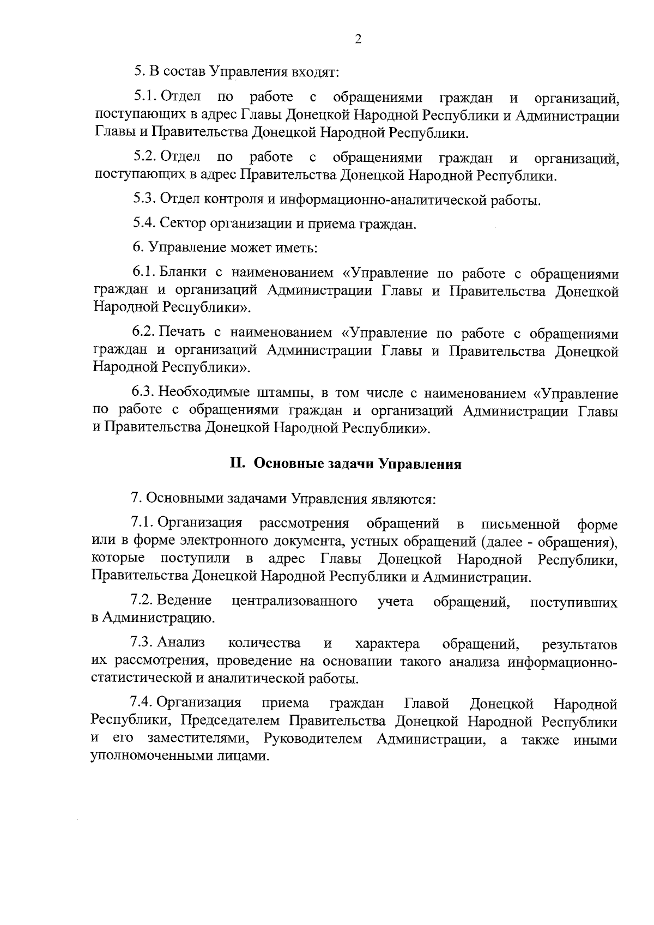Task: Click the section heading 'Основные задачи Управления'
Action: pyautogui.click(x=358, y=464)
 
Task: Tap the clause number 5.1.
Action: pyautogui.click(x=146, y=98)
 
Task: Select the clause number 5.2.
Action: pyautogui.click(x=146, y=158)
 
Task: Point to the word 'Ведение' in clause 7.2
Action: pyautogui.click(x=184, y=601)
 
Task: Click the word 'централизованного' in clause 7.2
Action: pyautogui.click(x=294, y=601)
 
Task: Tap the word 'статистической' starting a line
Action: pyautogui.click(x=140, y=679)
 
